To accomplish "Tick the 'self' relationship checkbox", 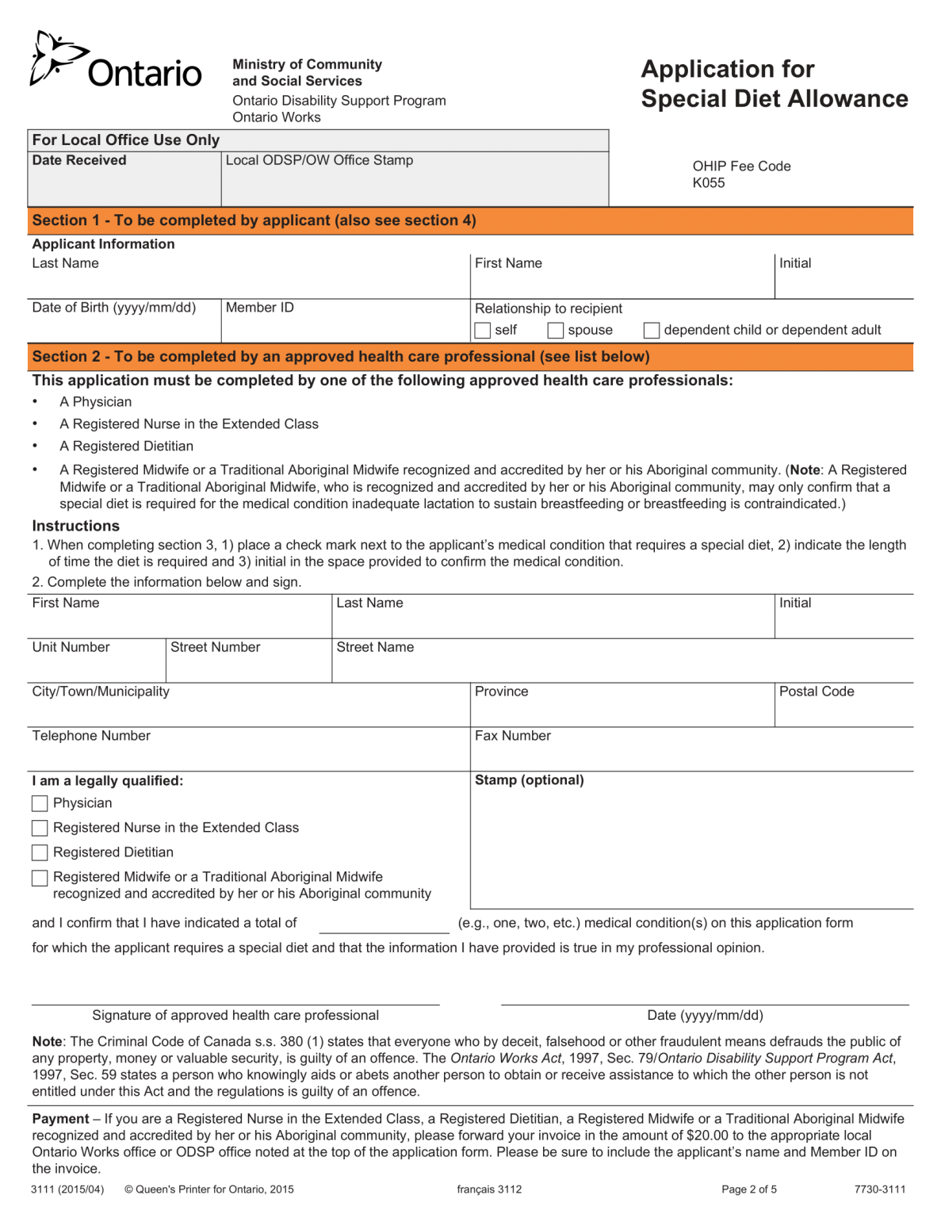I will [x=483, y=330].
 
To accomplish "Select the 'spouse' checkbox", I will [x=556, y=330].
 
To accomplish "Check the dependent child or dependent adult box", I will [x=652, y=330].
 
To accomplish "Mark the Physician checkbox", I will [x=40, y=803].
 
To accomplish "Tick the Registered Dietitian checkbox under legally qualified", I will [x=40, y=852].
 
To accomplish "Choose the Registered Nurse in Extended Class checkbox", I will [x=40, y=828].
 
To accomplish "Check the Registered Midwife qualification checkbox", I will [x=40, y=878].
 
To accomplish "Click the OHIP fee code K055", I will [x=708, y=183].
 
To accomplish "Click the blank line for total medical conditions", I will [x=384, y=925].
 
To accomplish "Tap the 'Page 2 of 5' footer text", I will [x=748, y=1189].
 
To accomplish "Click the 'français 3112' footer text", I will [x=489, y=1189].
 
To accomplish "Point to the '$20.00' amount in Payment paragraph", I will [x=707, y=1136].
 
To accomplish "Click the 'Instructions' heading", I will [x=76, y=526].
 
